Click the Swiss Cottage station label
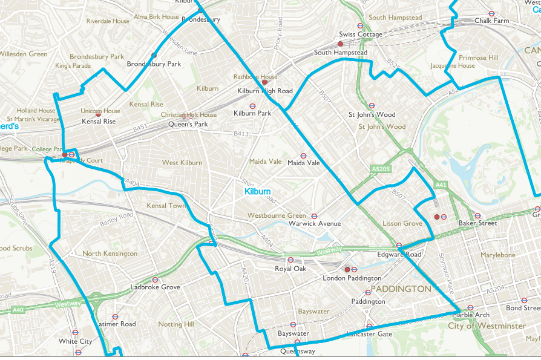[x=361, y=34]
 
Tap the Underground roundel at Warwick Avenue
[x=315, y=215]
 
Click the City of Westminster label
[x=487, y=326]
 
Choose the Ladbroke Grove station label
[x=156, y=287]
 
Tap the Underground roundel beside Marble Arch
[x=470, y=307]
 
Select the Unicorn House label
[x=100, y=111]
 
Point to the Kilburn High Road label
[x=265, y=91]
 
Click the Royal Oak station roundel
[x=290, y=260]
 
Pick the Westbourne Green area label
[x=277, y=216]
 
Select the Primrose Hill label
[x=478, y=58]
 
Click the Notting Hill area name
[x=175, y=325]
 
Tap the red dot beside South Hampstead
[x=340, y=44]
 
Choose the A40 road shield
[x=18, y=310]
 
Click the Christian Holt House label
[x=189, y=115]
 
